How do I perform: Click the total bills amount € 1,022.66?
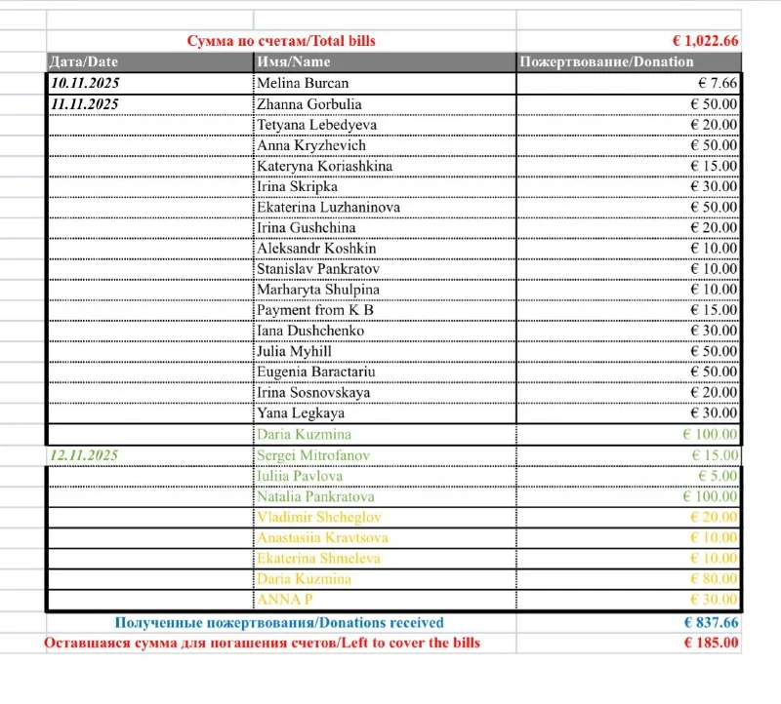coord(705,41)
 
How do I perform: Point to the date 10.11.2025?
coord(85,83)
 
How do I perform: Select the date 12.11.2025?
coord(85,455)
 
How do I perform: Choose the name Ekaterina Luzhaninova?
coord(328,207)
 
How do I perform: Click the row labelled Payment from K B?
coord(314,310)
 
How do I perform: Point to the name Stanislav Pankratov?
coord(317,269)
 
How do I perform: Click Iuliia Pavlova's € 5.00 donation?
coord(717,476)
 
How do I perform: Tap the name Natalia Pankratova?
coord(318,496)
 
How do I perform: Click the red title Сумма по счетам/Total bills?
coord(281,41)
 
